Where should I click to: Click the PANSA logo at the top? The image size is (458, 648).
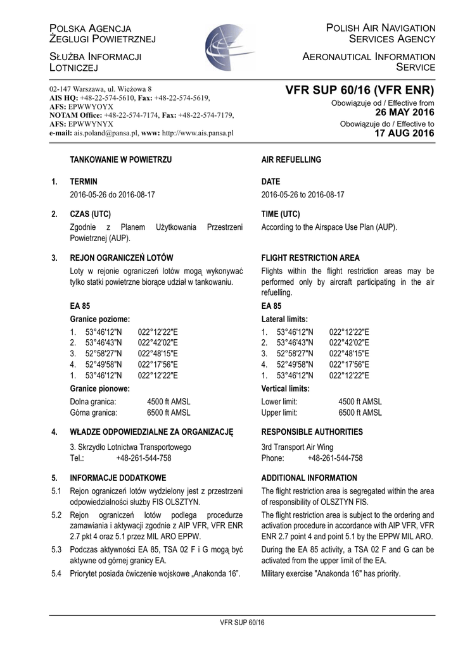[229, 47]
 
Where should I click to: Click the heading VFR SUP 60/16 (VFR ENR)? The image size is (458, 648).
[359, 91]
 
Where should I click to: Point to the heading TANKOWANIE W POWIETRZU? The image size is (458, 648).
[120, 161]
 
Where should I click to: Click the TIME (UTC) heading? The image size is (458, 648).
[281, 215]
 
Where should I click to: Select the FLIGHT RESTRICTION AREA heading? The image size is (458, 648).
[310, 258]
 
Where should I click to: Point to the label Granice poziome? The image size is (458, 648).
[100, 320]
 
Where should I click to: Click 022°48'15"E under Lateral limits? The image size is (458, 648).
[349, 354]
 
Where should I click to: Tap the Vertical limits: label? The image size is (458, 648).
[285, 389]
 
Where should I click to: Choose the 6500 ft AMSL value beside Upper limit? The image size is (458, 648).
[360, 413]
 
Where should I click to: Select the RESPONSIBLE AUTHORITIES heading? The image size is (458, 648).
[312, 432]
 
